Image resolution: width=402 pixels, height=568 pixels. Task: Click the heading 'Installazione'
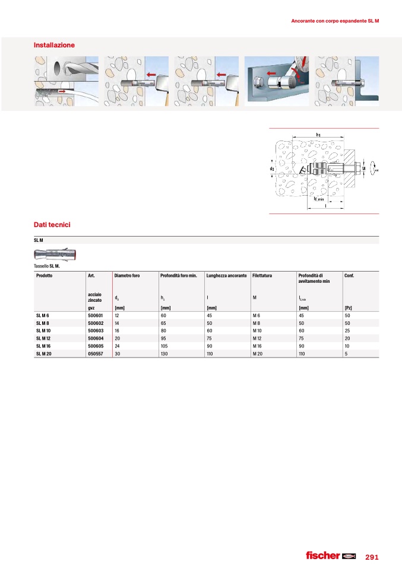[55, 45]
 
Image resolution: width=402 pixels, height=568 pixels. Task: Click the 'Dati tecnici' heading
[53, 225]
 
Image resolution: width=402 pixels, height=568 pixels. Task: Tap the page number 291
[372, 557]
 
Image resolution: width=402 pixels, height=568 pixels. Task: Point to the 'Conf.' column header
[349, 276]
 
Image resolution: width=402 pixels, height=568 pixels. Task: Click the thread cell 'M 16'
[257, 345]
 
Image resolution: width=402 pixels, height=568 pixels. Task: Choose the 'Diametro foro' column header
[127, 276]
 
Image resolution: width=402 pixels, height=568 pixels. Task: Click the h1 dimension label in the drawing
[318, 135]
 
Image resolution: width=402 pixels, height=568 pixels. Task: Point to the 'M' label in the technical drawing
[363, 168]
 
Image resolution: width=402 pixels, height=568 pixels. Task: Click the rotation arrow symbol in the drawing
[373, 169]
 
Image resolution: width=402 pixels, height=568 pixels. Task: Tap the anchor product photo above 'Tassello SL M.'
[56, 255]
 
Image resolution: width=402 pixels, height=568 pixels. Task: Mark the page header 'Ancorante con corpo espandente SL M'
[335, 21]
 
